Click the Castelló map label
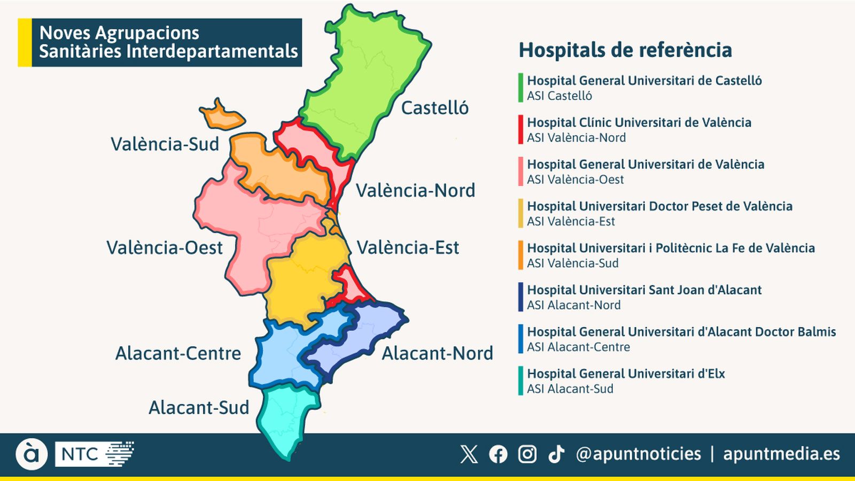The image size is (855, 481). coord(434,108)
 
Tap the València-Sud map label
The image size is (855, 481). coord(165,144)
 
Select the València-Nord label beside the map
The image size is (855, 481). coord(415,191)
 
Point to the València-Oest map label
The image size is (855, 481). coord(164,248)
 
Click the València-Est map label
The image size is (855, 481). coord(408,248)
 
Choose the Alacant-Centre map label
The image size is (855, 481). coord(178,353)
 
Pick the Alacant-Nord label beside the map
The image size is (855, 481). coord(437,353)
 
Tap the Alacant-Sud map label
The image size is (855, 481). coord(199,408)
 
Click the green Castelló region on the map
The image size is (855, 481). coord(363,80)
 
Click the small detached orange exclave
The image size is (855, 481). coord(222,115)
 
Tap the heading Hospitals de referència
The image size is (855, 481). coord(625,50)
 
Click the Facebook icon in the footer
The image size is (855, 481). coord(498,454)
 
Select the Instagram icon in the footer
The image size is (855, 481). coord(527,454)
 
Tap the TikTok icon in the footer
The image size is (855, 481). coord(556,454)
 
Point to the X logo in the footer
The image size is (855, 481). coord(469,454)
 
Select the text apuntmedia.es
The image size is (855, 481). coord(781,454)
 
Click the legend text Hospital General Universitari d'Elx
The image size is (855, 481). coord(626,374)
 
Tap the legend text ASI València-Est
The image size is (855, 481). coord(571,221)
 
